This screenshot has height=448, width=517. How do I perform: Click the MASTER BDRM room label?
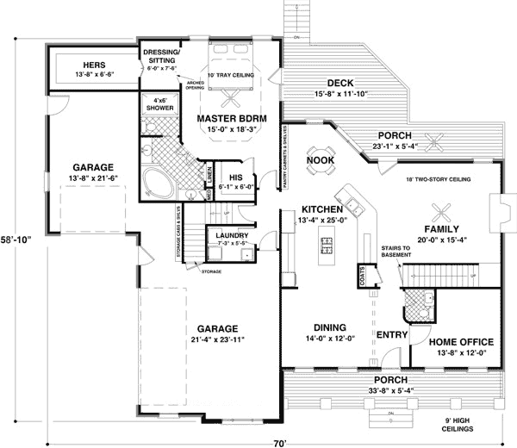[234, 118]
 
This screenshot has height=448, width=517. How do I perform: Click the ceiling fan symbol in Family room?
[442, 208]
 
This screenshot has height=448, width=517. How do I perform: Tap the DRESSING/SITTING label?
[162, 57]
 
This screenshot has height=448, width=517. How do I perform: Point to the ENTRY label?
[391, 333]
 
